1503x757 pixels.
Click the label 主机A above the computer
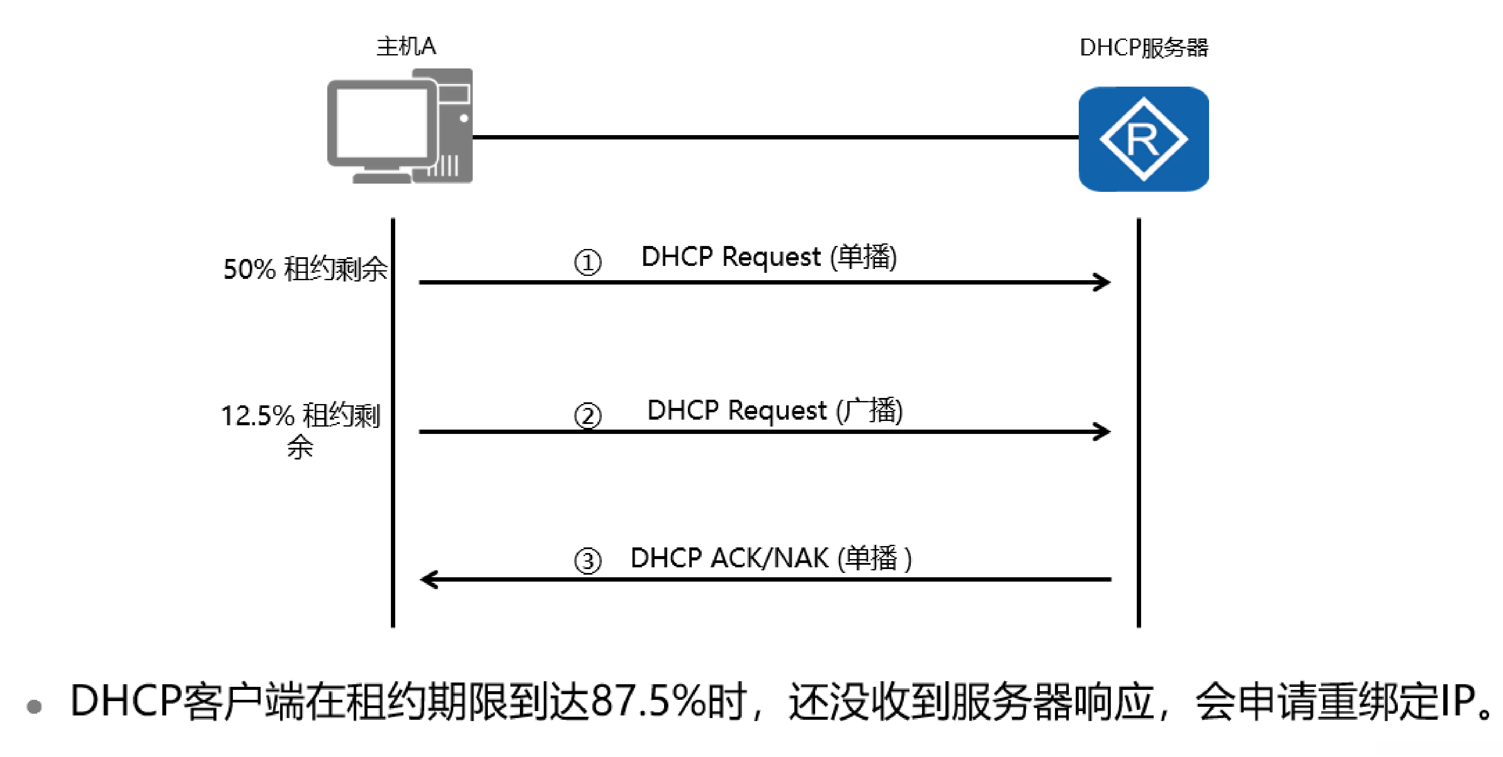coord(406,46)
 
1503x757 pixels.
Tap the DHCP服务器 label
coord(1144,47)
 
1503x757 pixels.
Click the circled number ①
coord(587,262)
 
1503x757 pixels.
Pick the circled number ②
coord(587,416)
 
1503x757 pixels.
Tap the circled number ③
coord(587,561)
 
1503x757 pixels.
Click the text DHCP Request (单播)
coord(769,257)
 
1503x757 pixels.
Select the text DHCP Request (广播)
coord(775,410)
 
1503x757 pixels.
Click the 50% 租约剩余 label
coord(305,269)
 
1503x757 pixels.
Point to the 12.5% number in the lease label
coord(257,416)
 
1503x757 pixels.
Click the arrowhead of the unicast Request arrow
coord(1103,282)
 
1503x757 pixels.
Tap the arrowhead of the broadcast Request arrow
coord(1103,432)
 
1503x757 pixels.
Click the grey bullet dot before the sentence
coord(35,706)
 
